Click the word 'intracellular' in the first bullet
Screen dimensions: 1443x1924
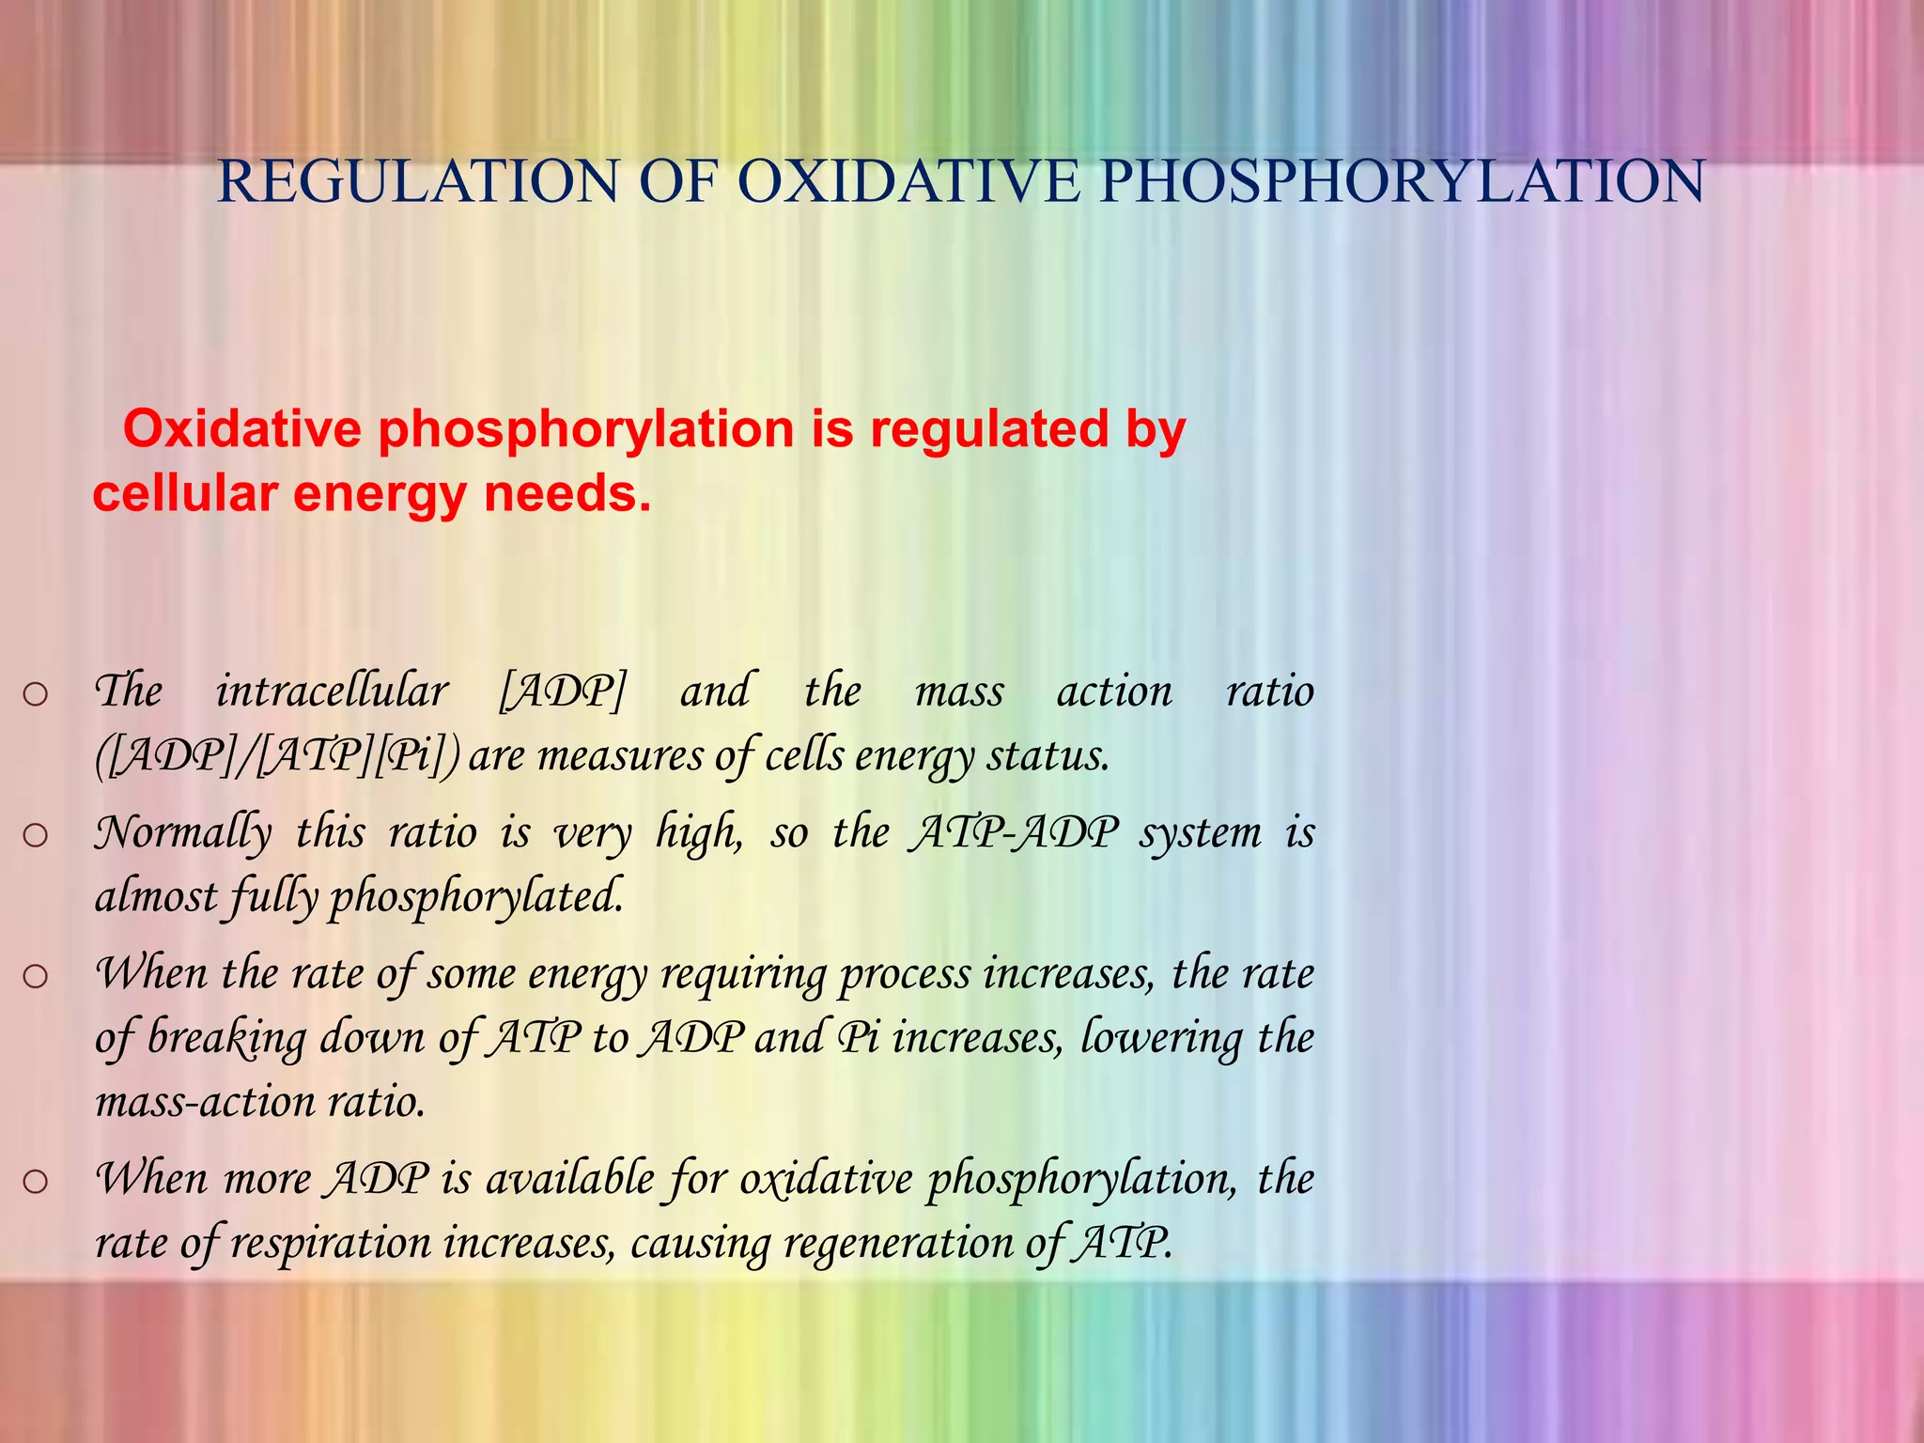(x=332, y=691)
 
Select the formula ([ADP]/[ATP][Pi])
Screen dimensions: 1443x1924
(x=278, y=756)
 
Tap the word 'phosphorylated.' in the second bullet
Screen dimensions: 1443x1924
(x=475, y=897)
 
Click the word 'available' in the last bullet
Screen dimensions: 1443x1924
(x=569, y=1179)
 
